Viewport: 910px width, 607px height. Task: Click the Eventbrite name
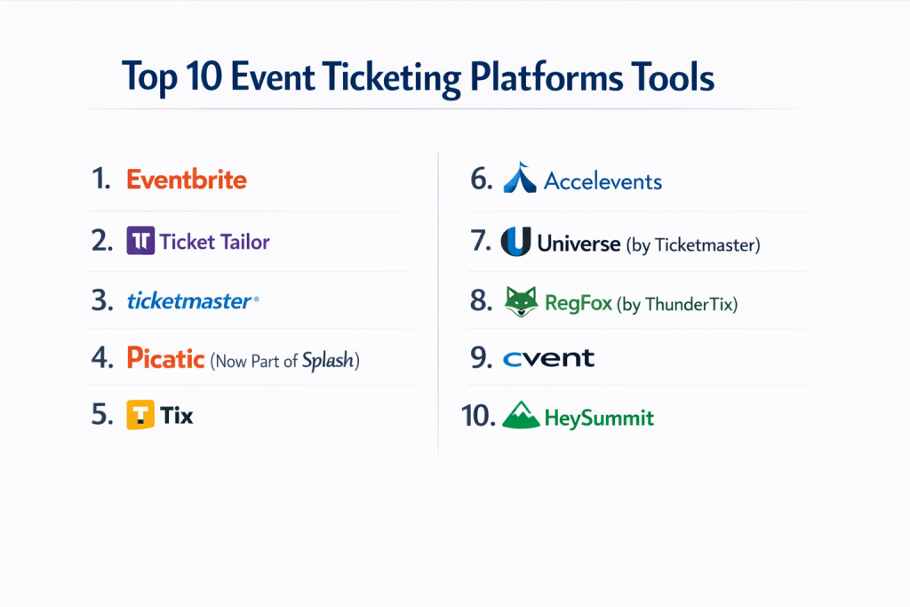tap(187, 180)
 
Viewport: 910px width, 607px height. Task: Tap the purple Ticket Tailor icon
tap(140, 240)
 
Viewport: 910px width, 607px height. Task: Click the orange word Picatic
tap(165, 357)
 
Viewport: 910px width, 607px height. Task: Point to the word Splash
tap(328, 360)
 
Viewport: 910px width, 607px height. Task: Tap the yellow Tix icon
tap(140, 414)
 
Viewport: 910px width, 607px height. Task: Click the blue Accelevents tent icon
tap(520, 177)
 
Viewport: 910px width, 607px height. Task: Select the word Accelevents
tap(603, 181)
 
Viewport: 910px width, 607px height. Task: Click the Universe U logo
tap(516, 241)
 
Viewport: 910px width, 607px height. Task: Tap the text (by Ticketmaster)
tap(693, 245)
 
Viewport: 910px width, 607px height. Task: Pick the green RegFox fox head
tap(521, 301)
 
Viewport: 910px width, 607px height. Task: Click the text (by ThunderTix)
tap(676, 304)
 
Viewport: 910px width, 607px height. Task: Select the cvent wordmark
tap(548, 359)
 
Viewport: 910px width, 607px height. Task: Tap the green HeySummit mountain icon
tap(521, 415)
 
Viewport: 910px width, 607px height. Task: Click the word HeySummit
tap(599, 418)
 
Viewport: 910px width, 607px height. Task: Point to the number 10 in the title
tap(204, 76)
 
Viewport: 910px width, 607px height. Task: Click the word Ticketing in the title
tap(392, 77)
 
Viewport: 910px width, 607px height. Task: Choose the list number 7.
tap(481, 240)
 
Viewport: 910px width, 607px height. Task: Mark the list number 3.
tap(102, 300)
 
